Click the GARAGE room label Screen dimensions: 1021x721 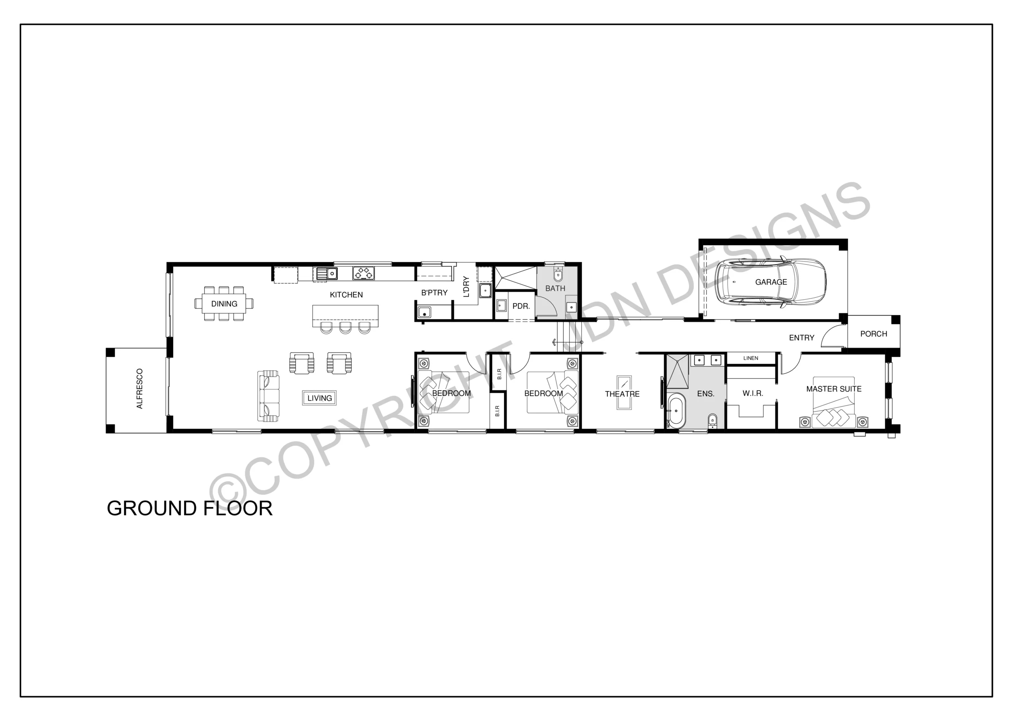(771, 282)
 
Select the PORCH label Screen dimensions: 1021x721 (873, 334)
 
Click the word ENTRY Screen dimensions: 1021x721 (801, 338)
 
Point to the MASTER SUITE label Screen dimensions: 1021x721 (834, 389)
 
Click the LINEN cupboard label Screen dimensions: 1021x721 (751, 358)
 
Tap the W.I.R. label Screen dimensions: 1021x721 (753, 393)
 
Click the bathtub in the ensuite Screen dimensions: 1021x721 (676, 410)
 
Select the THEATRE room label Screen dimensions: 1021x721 (622, 394)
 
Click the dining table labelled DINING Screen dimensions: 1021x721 (224, 304)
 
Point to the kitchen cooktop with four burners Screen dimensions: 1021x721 (363, 273)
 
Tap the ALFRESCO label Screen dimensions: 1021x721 (140, 389)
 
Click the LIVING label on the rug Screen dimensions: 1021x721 (319, 398)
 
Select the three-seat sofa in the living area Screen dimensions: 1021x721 (268, 396)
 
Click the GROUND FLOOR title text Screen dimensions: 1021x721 (189, 509)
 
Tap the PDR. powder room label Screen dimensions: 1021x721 (521, 306)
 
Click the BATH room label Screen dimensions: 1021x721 (555, 289)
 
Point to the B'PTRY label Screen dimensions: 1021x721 (434, 293)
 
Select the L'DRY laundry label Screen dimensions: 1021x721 (466, 287)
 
